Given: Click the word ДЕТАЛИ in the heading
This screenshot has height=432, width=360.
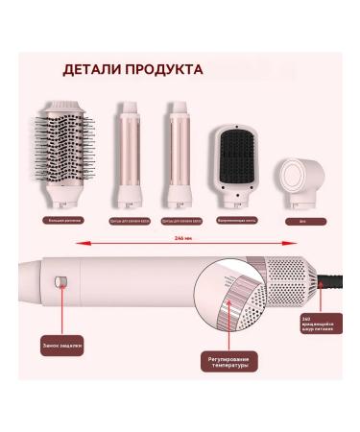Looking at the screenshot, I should point(94,70).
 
